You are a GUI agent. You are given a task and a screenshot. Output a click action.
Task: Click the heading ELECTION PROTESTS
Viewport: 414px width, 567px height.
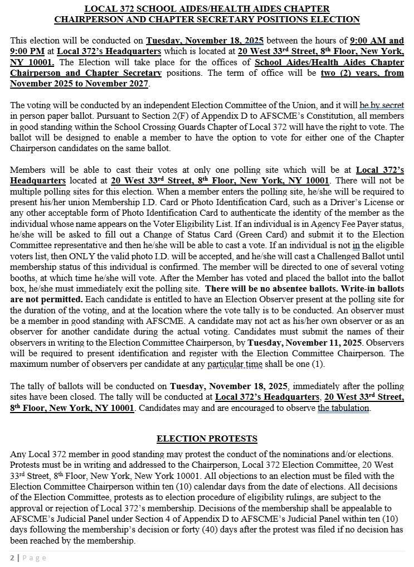click(x=207, y=439)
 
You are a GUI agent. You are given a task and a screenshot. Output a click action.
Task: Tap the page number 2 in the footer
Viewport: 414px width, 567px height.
click(x=12, y=558)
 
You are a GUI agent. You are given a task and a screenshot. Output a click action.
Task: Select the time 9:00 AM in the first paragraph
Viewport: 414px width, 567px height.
click(x=368, y=41)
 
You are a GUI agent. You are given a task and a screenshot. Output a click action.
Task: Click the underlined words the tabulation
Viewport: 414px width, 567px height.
click(x=344, y=408)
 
